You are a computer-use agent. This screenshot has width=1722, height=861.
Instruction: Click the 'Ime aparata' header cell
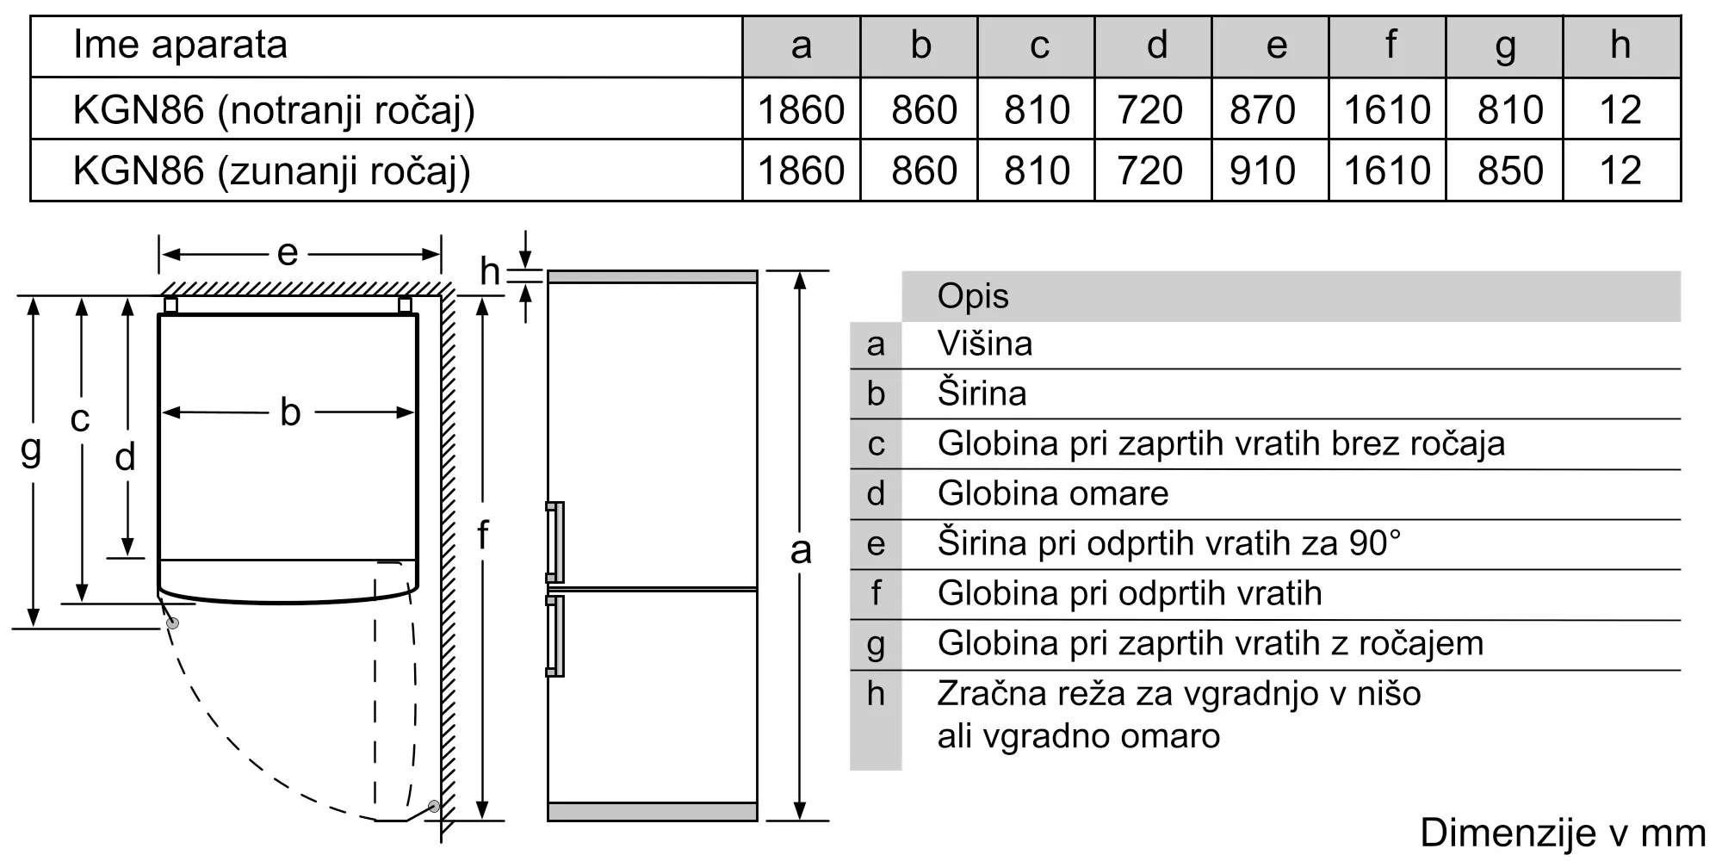tap(180, 45)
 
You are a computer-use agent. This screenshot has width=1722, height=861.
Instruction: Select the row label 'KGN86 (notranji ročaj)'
tap(274, 110)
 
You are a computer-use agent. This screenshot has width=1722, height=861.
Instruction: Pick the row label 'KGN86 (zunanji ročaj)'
tap(271, 170)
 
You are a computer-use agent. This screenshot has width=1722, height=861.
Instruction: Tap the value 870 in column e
tap(1262, 110)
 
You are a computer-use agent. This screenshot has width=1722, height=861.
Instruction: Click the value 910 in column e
tap(1262, 170)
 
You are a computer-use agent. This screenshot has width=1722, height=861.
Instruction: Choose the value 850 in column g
tap(1510, 170)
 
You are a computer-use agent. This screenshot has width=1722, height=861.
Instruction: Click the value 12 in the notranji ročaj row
tap(1620, 110)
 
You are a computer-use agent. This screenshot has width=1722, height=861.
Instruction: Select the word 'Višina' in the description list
tap(984, 344)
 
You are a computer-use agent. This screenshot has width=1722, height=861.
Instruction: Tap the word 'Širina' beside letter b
tap(982, 393)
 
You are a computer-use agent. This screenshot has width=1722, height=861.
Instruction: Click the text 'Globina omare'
tap(1052, 493)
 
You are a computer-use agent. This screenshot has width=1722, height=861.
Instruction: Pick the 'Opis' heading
tap(972, 296)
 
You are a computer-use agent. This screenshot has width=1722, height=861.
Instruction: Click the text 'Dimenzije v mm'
tap(1563, 833)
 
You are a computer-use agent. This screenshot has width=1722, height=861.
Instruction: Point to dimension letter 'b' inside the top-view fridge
tap(290, 412)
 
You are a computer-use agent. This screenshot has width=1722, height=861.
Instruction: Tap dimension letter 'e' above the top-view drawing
tap(288, 253)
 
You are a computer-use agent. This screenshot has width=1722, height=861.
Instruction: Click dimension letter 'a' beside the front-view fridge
tap(801, 549)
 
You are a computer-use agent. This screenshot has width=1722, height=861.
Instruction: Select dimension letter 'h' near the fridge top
tap(490, 272)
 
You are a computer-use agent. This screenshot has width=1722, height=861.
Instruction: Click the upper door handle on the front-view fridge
tap(555, 542)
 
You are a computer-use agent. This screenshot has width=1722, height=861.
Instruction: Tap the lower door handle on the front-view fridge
tap(555, 635)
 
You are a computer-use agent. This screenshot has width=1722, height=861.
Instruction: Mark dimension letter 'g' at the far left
tap(31, 449)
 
